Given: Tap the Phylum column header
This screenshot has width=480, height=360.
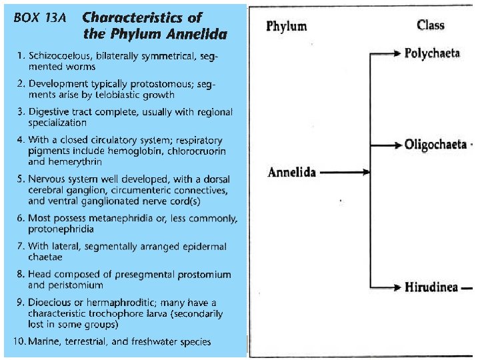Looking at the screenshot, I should click(x=287, y=27).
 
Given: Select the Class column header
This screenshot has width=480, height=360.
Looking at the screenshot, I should click(x=430, y=25).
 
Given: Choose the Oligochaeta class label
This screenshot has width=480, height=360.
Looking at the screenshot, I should click(x=435, y=145).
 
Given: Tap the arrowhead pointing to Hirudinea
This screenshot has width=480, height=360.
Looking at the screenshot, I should click(x=398, y=288).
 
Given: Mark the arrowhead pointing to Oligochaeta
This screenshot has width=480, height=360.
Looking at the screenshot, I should click(x=398, y=145).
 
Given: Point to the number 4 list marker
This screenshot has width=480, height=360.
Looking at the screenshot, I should click(x=20, y=141).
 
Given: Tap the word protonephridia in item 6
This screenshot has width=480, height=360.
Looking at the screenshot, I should click(x=61, y=229).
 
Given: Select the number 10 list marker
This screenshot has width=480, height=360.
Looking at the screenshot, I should click(x=17, y=342).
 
